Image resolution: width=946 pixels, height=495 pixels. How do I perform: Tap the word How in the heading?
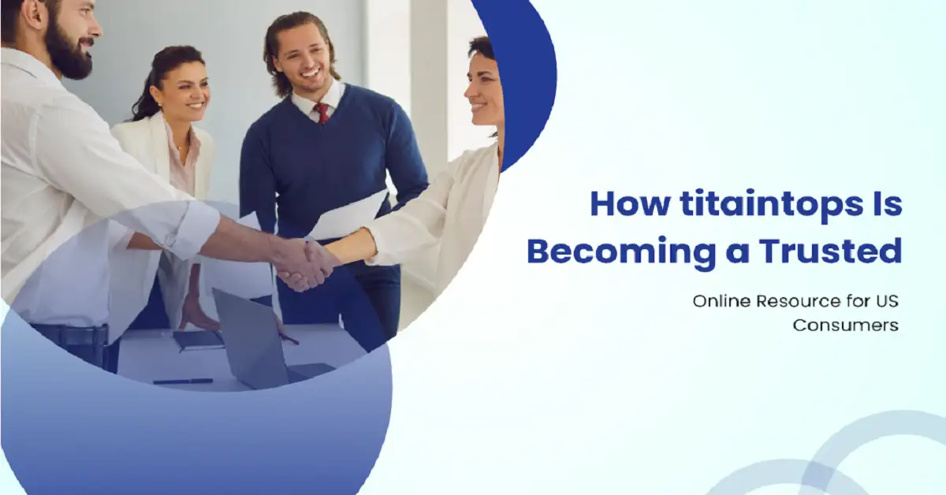pyautogui.click(x=630, y=204)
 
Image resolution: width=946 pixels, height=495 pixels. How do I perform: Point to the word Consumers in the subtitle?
pyautogui.click(x=845, y=326)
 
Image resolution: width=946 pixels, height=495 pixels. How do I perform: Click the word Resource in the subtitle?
pyautogui.click(x=795, y=301)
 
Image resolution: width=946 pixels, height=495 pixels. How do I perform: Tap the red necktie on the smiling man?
pyautogui.click(x=322, y=113)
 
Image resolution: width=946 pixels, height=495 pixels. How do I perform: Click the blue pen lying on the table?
pyautogui.click(x=183, y=381)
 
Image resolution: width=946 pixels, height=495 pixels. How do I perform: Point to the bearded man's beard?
pyautogui.click(x=69, y=51)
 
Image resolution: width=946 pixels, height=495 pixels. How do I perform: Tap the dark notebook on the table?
pyautogui.click(x=198, y=341)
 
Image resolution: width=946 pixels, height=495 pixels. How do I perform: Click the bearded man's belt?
pyautogui.click(x=69, y=337)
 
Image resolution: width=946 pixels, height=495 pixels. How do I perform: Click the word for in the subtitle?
pyautogui.click(x=856, y=301)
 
